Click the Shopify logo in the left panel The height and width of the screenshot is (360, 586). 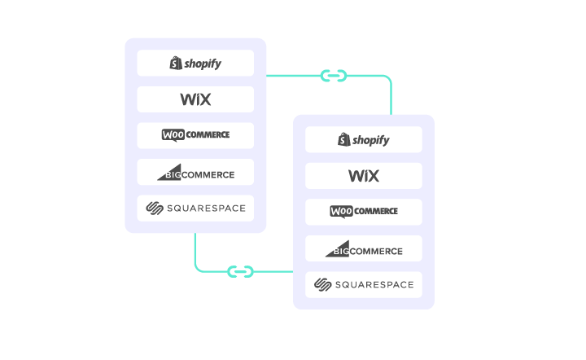coord(195,63)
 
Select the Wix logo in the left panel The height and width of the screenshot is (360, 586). coord(195,99)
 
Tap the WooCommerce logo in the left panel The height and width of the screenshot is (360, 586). coord(195,135)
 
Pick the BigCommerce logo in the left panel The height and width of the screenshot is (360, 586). coord(195,172)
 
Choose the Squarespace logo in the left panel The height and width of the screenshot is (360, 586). coord(195,208)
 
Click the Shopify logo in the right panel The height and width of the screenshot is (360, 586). coord(364,139)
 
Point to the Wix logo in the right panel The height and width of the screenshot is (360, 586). coord(364,176)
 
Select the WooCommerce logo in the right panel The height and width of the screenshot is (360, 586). coord(364,212)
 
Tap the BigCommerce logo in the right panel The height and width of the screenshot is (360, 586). coord(364,248)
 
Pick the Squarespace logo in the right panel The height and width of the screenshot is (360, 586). coord(364,284)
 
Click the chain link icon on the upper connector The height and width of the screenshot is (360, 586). coord(333,76)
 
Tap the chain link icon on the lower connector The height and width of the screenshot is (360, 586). coord(240,270)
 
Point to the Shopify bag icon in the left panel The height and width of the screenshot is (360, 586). coord(175,63)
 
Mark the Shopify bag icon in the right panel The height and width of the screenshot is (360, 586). coord(343,139)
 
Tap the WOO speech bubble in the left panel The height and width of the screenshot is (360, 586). coord(173,135)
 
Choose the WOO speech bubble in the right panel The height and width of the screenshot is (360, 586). coord(342,212)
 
